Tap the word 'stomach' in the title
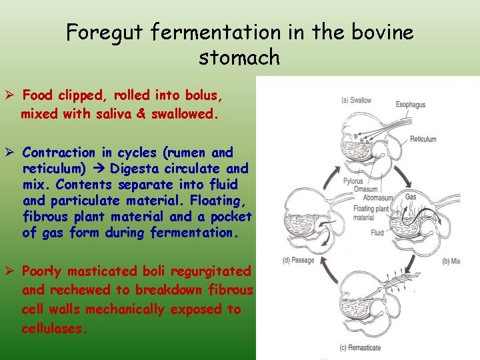pyautogui.click(x=239, y=57)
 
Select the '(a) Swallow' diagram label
pyautogui.click(x=357, y=101)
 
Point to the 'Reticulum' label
pyautogui.click(x=423, y=139)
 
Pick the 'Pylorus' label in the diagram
pyautogui.click(x=353, y=181)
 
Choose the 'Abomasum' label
pyautogui.click(x=377, y=197)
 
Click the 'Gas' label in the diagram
pyautogui.click(x=411, y=197)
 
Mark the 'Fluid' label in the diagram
pyautogui.click(x=377, y=233)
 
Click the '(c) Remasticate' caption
pyautogui.click(x=360, y=347)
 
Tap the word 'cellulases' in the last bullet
pyautogui.click(x=53, y=329)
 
